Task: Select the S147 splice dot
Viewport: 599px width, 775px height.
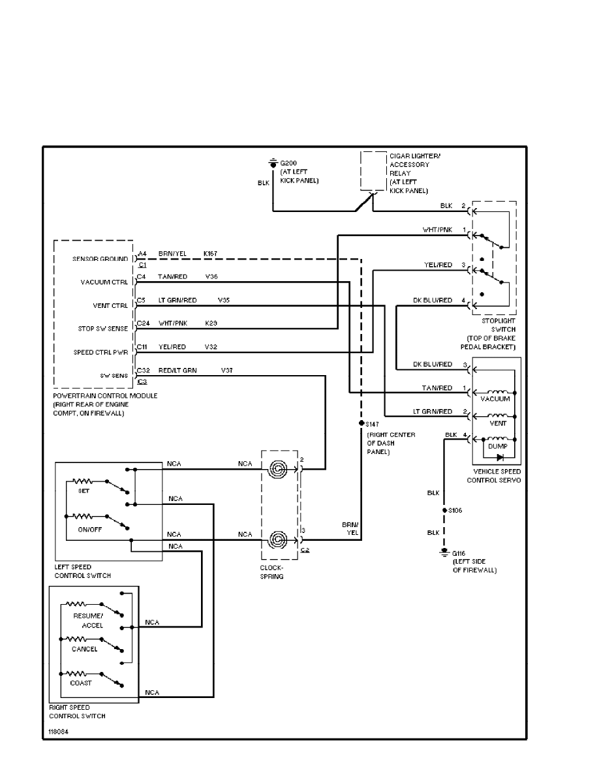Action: click(361, 423)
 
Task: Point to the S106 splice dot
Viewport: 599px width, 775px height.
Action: click(444, 510)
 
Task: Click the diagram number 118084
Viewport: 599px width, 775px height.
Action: click(58, 732)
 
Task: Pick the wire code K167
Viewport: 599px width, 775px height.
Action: click(211, 252)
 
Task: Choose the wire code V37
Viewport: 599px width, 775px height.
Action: click(227, 371)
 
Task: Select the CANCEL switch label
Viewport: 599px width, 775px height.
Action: click(85, 649)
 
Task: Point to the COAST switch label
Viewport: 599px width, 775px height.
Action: click(82, 683)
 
